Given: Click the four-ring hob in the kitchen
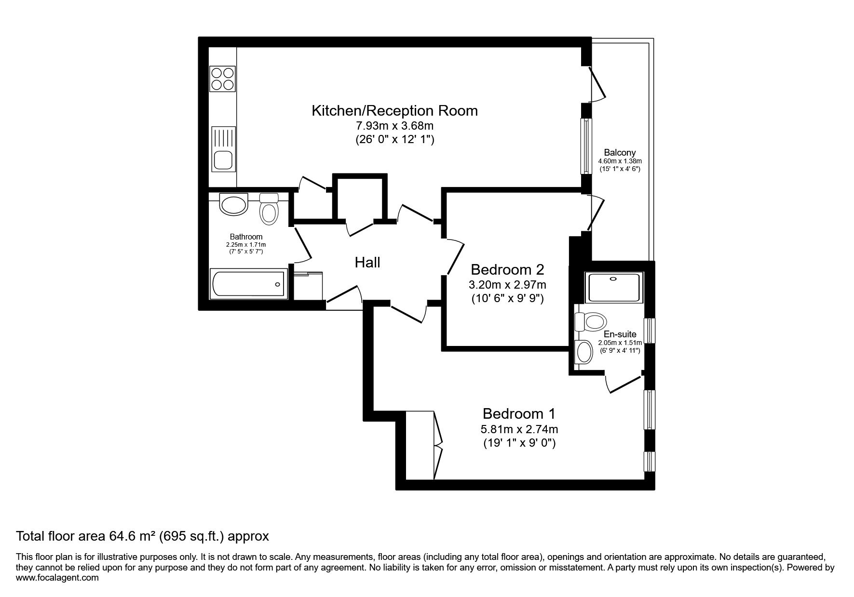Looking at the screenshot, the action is (223, 78).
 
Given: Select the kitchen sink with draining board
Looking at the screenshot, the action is (224, 148).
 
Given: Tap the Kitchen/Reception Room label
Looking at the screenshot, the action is (395, 110).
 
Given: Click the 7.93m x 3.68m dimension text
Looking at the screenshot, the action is (395, 127).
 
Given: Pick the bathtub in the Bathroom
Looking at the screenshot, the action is (249, 283).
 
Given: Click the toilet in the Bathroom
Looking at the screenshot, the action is (269, 208).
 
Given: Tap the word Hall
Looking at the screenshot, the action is (367, 263).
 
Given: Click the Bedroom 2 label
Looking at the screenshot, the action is (508, 269).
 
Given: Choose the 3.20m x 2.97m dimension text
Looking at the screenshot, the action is (508, 284).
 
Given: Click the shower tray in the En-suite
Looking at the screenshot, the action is (614, 287).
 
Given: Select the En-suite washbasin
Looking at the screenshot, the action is (584, 352).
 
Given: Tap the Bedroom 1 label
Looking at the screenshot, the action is (519, 413).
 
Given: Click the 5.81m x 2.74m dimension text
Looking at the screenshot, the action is (519, 429).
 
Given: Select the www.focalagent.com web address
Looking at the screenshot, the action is (57, 578).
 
